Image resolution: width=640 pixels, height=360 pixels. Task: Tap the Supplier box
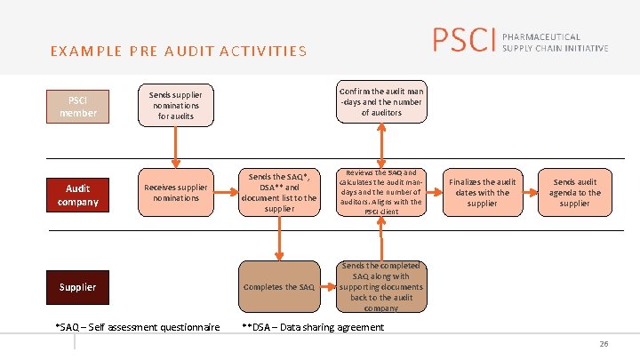coord(77,287)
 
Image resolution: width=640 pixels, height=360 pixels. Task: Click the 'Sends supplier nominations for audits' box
coord(175,105)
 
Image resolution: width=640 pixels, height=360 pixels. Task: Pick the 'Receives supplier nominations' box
coord(175,192)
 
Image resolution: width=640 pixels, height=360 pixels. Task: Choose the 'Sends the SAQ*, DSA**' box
coord(279,192)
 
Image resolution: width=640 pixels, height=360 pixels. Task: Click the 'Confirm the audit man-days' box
coord(382,101)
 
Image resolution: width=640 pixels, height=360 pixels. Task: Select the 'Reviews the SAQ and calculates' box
coord(381,192)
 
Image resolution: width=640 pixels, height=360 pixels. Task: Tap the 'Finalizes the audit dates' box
coord(482,192)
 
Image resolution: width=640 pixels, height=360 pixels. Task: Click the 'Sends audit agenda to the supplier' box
coord(574,192)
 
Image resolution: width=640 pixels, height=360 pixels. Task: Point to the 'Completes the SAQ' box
coord(279,287)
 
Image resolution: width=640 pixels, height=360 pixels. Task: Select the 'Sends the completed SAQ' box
coord(381,286)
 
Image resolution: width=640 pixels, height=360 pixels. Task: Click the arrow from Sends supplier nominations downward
coord(176,146)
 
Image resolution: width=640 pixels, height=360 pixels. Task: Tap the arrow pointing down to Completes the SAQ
coord(279,237)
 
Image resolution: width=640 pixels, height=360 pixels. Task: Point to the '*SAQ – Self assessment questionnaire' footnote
coord(138,327)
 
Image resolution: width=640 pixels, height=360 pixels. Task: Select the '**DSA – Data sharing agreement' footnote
coord(313,327)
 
